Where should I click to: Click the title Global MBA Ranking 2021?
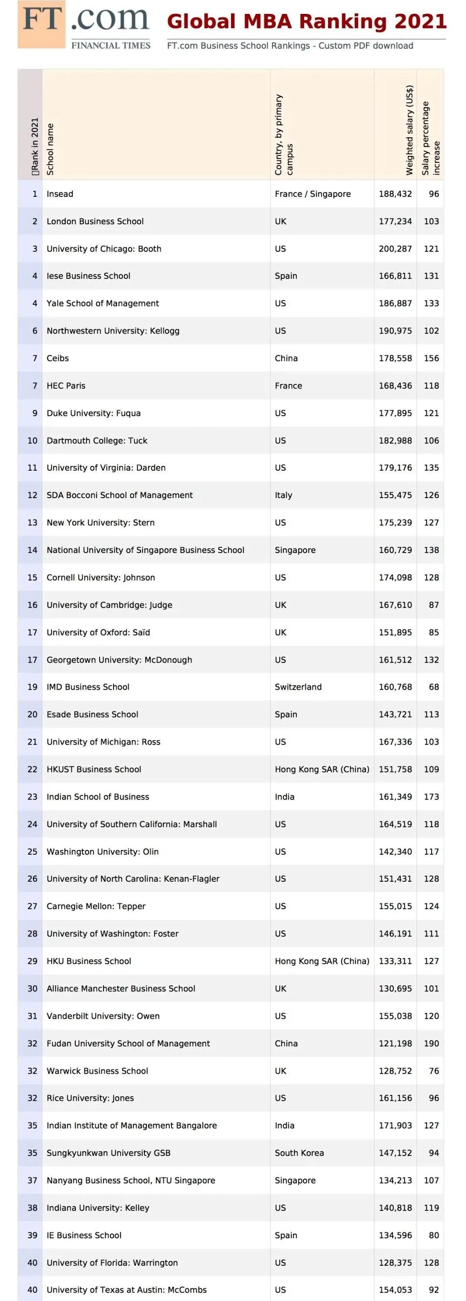point(306,22)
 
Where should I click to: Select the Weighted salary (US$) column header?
point(409,130)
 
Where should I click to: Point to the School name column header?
point(50,149)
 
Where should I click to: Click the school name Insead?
point(60,194)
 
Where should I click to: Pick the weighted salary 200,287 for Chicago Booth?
point(396,249)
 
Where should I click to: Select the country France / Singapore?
point(312,194)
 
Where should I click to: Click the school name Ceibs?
point(57,358)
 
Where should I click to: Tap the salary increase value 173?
point(431,796)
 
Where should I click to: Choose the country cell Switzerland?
point(298,687)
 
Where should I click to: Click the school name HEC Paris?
point(66,385)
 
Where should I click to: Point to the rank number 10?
point(32,440)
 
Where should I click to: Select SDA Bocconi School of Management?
point(120,495)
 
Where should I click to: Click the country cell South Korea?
point(299,1153)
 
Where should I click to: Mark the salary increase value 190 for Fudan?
point(431,1043)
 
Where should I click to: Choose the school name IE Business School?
point(84,1235)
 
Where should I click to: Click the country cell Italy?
point(284,495)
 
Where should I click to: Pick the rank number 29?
point(32,961)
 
